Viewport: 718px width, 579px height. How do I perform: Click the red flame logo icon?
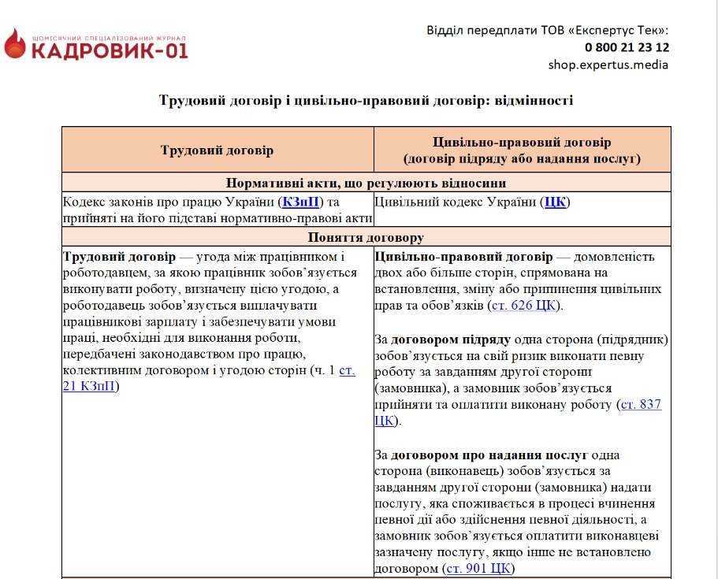pos(15,44)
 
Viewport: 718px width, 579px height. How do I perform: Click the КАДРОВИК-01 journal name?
pos(110,51)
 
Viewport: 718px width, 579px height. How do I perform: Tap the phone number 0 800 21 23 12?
pos(627,47)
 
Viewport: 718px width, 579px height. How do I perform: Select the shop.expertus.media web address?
pos(608,65)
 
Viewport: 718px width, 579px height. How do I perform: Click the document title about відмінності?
pos(366,101)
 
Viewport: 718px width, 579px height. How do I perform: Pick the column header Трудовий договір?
pos(217,150)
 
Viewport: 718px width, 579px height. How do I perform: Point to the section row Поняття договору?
pos(366,237)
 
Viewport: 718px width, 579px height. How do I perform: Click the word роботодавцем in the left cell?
pos(106,273)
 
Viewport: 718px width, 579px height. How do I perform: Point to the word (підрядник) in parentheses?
pos(631,340)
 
